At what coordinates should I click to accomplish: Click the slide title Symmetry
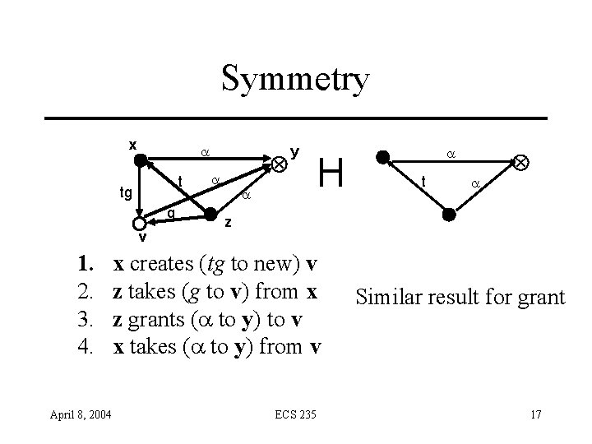click(296, 81)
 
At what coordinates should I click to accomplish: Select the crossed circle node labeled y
click(280, 164)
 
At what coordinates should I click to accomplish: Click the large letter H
click(331, 173)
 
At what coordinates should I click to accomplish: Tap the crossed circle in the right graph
click(521, 164)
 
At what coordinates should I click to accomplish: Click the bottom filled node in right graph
click(449, 215)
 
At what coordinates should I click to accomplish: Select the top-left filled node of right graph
click(382, 157)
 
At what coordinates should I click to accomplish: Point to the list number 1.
click(83, 265)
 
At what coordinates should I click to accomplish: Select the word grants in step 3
click(156, 316)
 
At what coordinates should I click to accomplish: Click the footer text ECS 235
click(296, 412)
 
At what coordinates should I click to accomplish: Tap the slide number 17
click(535, 412)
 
